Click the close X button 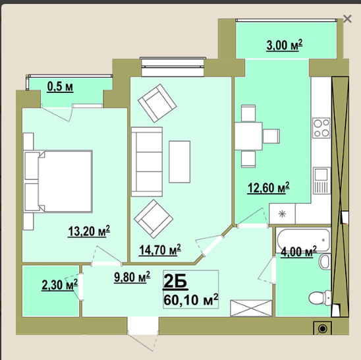[x=347, y=18]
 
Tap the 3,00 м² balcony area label [x=285, y=45]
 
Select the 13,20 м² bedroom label [x=89, y=231]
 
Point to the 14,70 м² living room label [x=160, y=250]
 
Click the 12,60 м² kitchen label [x=268, y=188]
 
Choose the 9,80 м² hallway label [x=132, y=276]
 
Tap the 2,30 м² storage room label [x=60, y=285]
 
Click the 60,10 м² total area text [x=190, y=299]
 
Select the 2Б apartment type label [x=175, y=282]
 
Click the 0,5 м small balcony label [x=60, y=87]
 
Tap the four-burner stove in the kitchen [x=321, y=128]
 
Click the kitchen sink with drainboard [x=321, y=181]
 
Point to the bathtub [x=303, y=240]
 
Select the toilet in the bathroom [x=319, y=297]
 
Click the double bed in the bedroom [x=58, y=181]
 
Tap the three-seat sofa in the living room [x=147, y=162]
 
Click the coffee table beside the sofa [x=180, y=162]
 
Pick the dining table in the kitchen [x=248, y=136]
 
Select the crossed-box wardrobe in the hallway [x=251, y=308]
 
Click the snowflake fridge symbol [x=282, y=214]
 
